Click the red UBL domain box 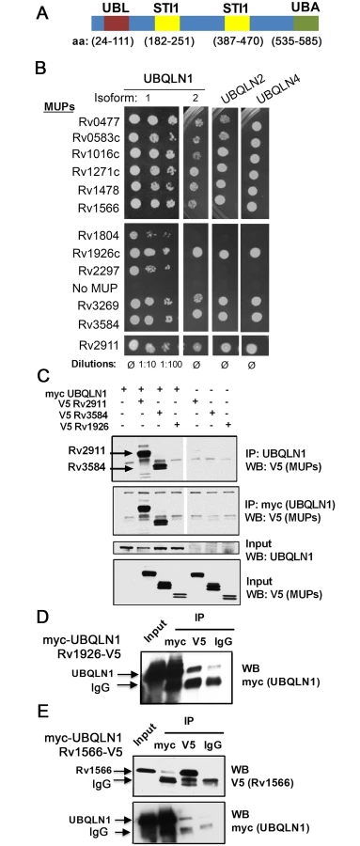click(117, 23)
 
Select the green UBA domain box click(306, 23)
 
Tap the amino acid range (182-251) click(168, 41)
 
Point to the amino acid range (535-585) click(296, 41)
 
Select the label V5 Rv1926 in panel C click(86, 426)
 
